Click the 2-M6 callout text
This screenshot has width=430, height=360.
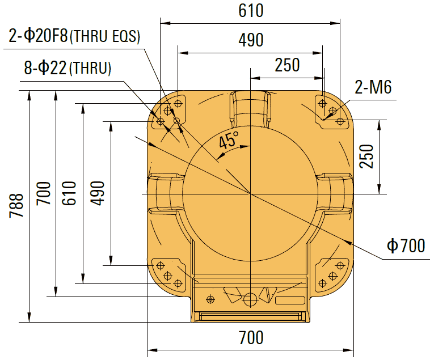(x=373, y=87)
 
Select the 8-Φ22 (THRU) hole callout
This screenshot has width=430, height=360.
(x=68, y=69)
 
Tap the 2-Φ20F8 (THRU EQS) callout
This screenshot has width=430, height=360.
(x=74, y=37)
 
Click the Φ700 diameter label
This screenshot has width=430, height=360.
(x=405, y=245)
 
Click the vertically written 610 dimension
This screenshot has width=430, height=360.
(x=69, y=193)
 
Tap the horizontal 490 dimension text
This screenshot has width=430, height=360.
(x=250, y=41)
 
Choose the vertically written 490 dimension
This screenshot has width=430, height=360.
(x=97, y=193)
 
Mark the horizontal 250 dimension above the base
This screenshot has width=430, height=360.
(x=287, y=65)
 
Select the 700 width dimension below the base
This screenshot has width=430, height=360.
(x=250, y=337)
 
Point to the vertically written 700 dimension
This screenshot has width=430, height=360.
(x=44, y=193)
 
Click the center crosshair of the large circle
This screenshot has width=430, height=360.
(x=250, y=194)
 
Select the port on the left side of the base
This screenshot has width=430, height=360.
(x=165, y=193)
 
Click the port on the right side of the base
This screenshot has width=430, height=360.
(x=335, y=193)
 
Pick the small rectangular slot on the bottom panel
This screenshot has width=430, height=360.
(x=290, y=300)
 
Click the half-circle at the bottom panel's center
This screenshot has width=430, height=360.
(x=250, y=299)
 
